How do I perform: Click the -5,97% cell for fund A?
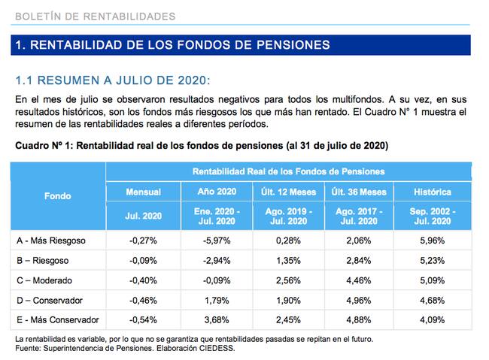pyautogui.click(x=215, y=241)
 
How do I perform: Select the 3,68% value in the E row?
pyautogui.click(x=215, y=319)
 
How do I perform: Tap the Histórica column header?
pyautogui.click(x=433, y=192)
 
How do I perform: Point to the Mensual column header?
pyautogui.click(x=143, y=192)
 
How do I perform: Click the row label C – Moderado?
pyautogui.click(x=45, y=280)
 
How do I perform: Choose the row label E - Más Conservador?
pyautogui.click(x=58, y=319)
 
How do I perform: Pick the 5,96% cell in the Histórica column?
pyautogui.click(x=433, y=241)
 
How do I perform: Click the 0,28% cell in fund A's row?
pyautogui.click(x=287, y=241)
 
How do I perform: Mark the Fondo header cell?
pyautogui.click(x=58, y=196)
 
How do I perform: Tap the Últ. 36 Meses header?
pyautogui.click(x=360, y=192)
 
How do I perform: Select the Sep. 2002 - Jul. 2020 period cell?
pyautogui.click(x=433, y=217)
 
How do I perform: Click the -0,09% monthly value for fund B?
pyautogui.click(x=143, y=260)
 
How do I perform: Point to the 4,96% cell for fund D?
pyautogui.click(x=360, y=299)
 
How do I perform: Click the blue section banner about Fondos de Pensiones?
pyautogui.click(x=241, y=45)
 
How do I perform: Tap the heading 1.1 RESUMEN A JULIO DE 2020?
pyautogui.click(x=113, y=80)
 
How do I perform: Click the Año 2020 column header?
pyautogui.click(x=215, y=192)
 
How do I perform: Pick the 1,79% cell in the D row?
pyautogui.click(x=215, y=299)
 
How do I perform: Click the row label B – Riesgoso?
pyautogui.click(x=43, y=260)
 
